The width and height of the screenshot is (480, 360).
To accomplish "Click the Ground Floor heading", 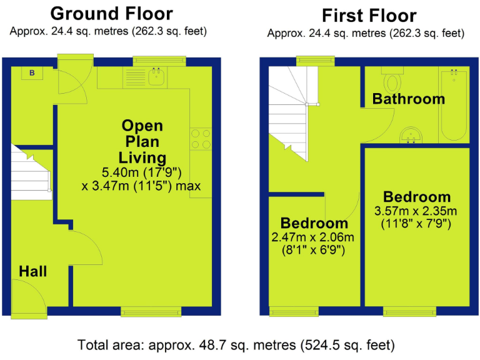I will click(111, 13).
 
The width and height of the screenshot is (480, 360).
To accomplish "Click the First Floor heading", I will click(369, 15).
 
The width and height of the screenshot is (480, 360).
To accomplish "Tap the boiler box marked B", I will click(31, 73).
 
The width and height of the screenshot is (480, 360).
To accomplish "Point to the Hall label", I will click(32, 271).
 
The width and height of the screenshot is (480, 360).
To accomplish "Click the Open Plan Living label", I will click(143, 141).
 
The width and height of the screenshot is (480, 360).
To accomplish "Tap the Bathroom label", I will click(409, 99).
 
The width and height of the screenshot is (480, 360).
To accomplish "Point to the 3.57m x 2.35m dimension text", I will click(416, 211).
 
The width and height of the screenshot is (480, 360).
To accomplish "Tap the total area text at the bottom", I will click(236, 344).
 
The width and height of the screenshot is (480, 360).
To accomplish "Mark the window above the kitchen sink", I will click(159, 61).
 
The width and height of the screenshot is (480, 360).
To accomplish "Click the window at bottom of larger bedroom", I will click(409, 311).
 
